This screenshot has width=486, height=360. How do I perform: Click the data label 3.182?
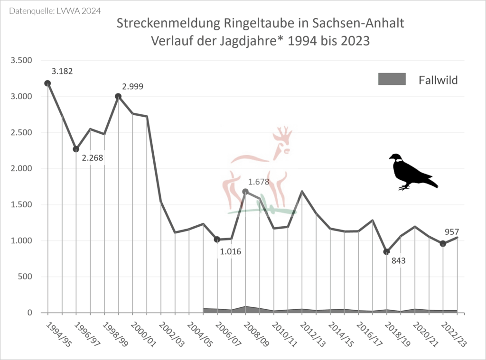[62, 71]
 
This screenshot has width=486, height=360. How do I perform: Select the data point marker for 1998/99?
[118, 96]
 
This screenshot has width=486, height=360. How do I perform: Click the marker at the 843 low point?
[387, 251]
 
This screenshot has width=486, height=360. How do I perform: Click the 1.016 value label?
[230, 251]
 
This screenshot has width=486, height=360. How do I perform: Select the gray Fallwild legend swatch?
[392, 79]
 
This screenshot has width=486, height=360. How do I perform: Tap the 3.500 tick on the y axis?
[21, 60]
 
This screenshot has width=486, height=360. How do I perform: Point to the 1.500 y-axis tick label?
[21, 204]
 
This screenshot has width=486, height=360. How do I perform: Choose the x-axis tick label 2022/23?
[453, 334]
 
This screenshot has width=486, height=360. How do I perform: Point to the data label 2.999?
[132, 86]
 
